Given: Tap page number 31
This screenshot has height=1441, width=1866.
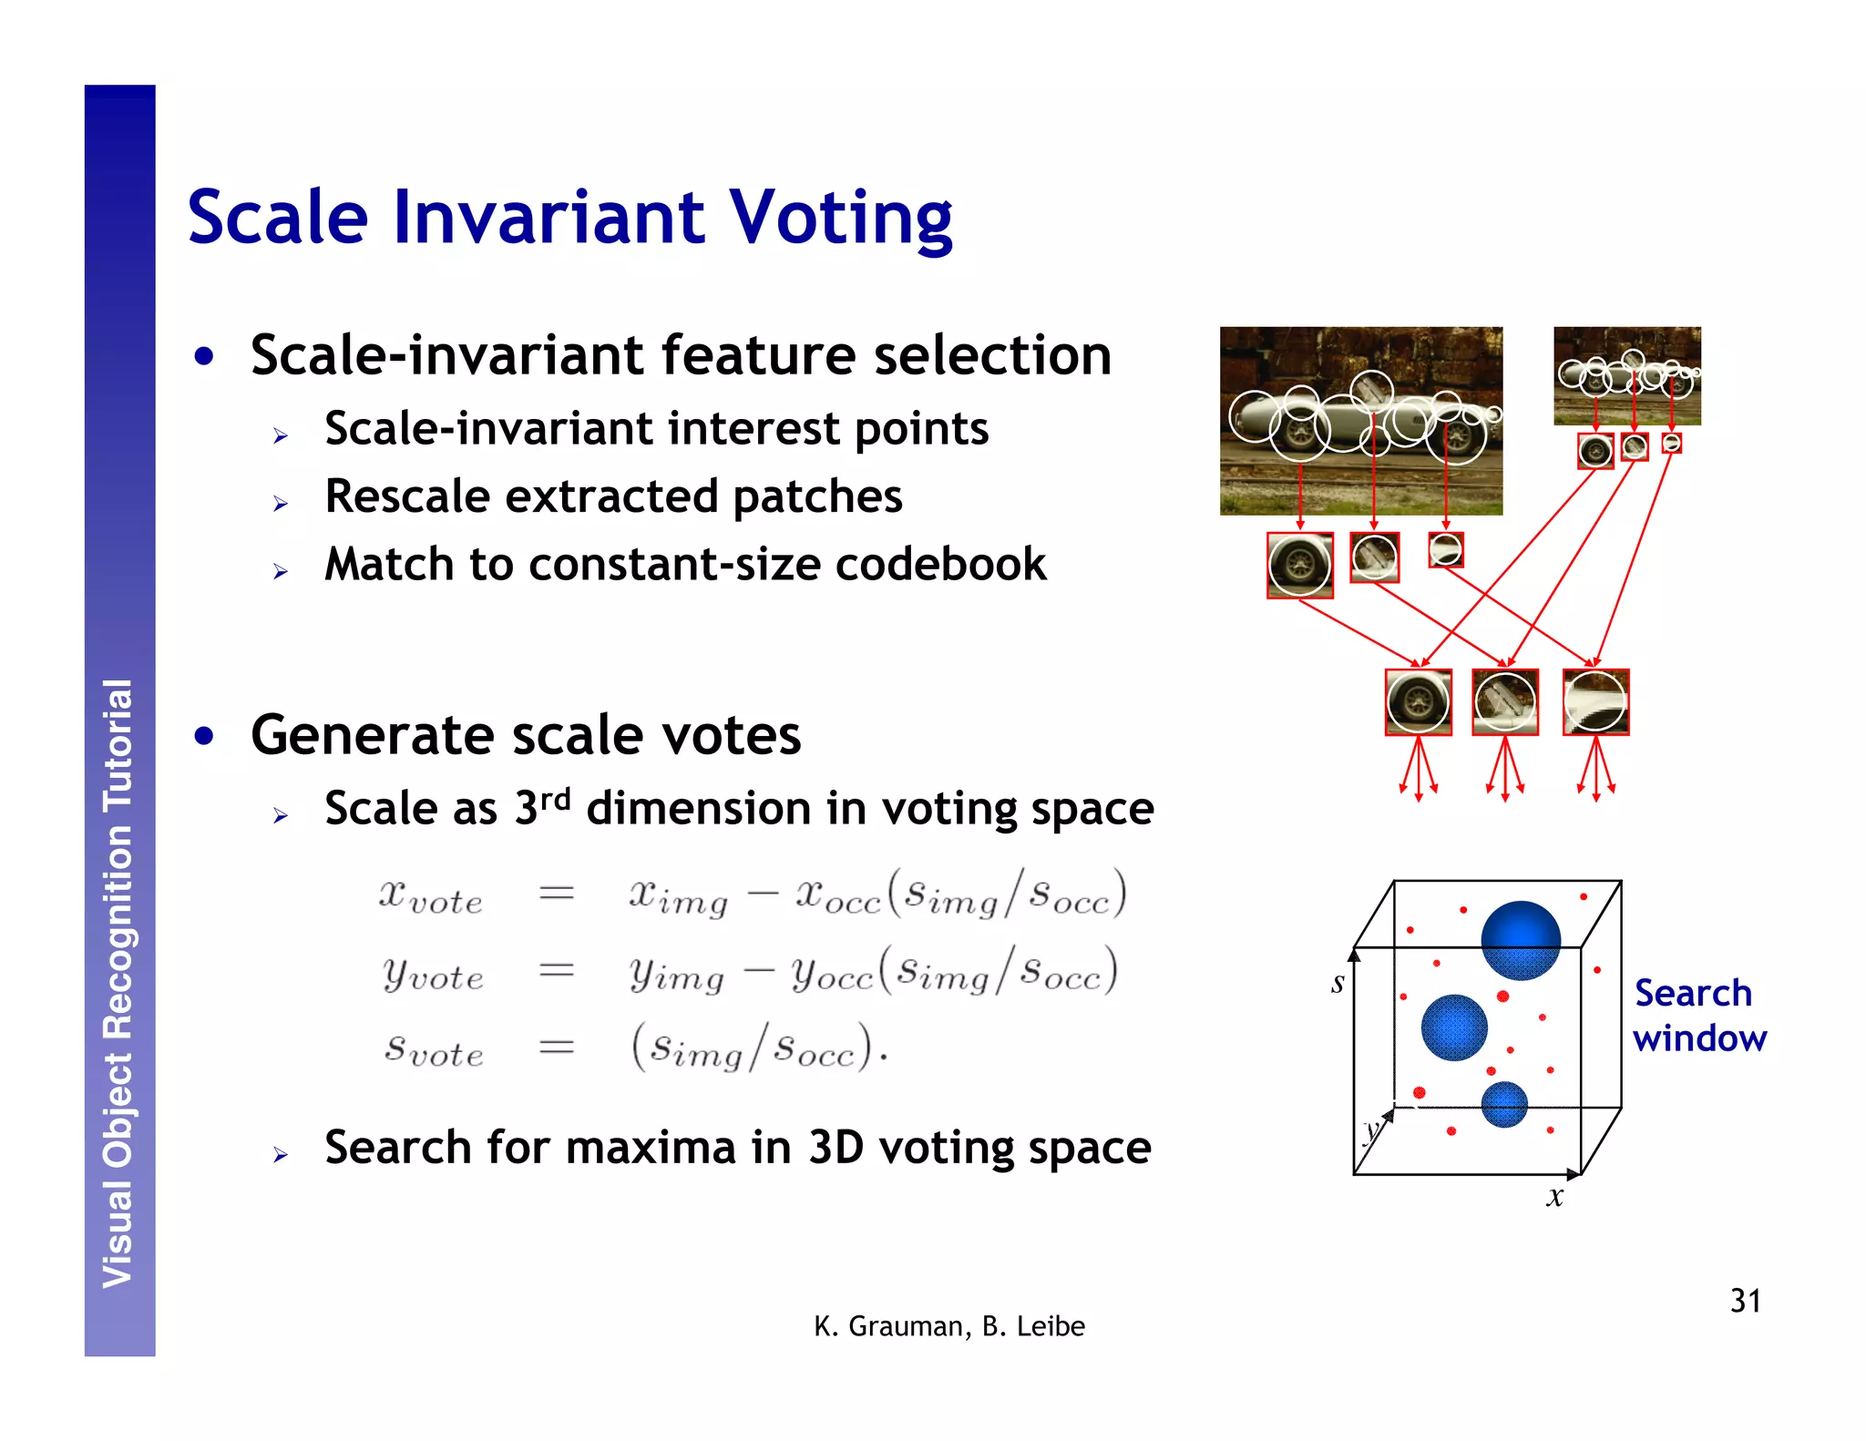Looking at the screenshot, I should click(1745, 1301).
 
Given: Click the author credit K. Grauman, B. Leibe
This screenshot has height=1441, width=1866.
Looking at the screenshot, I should click(948, 1326).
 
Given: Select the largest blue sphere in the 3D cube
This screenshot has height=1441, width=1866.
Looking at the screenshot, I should click(1520, 940).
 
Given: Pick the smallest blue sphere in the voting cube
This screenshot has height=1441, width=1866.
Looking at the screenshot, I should click(1503, 1104).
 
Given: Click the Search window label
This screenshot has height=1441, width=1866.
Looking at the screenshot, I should click(1698, 1016).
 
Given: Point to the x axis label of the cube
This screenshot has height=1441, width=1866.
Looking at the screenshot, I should click(1554, 1197).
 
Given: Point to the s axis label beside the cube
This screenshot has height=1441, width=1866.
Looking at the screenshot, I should click(1337, 983).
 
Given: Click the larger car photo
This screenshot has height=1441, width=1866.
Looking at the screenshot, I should click(1360, 420).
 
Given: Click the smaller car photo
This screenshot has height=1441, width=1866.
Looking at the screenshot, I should click(1626, 375).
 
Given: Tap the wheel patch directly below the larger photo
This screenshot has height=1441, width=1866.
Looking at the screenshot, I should click(1299, 565).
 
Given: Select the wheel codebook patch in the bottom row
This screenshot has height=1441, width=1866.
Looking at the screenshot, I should click(1418, 702).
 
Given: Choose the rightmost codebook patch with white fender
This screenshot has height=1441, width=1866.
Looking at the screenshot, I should click(1595, 702).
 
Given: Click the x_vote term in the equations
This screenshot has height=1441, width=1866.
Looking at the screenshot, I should click(430, 897).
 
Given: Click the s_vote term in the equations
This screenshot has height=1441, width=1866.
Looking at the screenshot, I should click(433, 1049).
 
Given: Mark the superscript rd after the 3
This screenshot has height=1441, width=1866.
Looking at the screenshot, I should click(555, 799).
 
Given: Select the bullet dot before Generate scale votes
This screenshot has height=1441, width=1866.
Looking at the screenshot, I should click(205, 735).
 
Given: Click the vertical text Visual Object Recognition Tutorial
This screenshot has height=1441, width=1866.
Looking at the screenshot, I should click(118, 984).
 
